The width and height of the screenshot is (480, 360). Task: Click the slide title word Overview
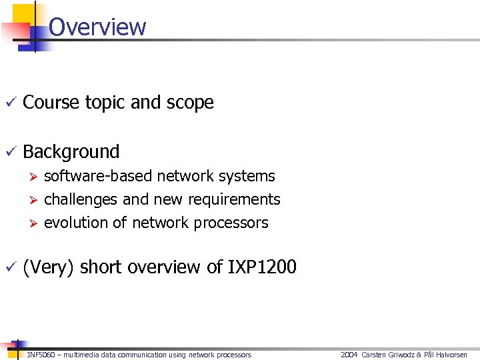click(97, 27)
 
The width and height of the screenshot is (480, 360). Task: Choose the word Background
click(71, 152)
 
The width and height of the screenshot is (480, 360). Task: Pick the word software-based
click(98, 176)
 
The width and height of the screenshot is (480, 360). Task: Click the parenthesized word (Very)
click(49, 267)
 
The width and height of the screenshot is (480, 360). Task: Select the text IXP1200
click(262, 267)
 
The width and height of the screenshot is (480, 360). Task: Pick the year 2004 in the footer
click(349, 355)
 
